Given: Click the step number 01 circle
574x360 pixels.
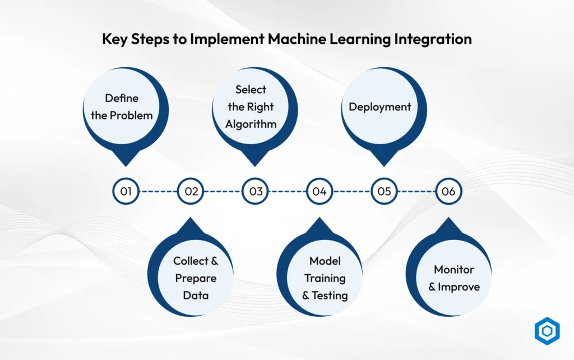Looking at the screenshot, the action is pyautogui.click(x=126, y=191).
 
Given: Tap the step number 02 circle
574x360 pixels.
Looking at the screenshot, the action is pyautogui.click(x=191, y=191).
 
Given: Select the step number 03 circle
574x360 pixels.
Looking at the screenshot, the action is pyautogui.click(x=255, y=191).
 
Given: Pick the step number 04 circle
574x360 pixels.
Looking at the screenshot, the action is pyautogui.click(x=320, y=191).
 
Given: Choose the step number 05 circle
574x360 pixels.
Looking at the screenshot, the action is pyautogui.click(x=384, y=191).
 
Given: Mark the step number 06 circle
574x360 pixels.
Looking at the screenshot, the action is pyautogui.click(x=449, y=191).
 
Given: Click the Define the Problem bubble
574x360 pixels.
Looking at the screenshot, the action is pyautogui.click(x=126, y=110).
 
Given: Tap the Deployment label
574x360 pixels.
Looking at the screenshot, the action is pyautogui.click(x=379, y=107).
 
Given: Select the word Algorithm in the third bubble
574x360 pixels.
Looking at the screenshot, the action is pyautogui.click(x=251, y=124).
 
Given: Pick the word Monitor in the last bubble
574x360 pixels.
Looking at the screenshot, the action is pyautogui.click(x=454, y=270).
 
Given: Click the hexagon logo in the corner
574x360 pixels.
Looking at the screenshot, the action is pyautogui.click(x=547, y=331).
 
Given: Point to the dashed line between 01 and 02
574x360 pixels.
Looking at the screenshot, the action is pyautogui.click(x=158, y=191).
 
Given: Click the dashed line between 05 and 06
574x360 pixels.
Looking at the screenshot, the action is pyautogui.click(x=416, y=191).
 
